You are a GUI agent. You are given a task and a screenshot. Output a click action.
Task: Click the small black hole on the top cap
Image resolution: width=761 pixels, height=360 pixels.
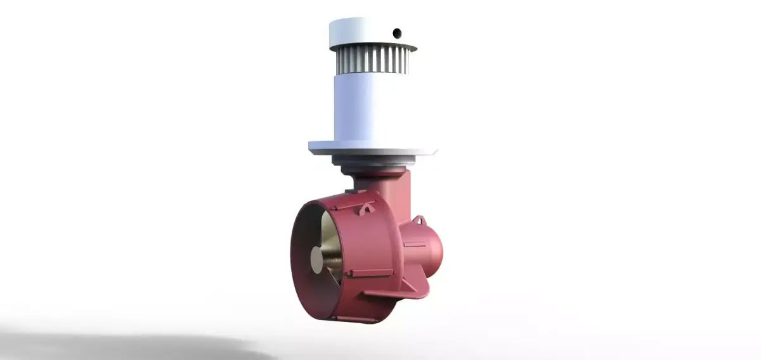[x=397, y=32]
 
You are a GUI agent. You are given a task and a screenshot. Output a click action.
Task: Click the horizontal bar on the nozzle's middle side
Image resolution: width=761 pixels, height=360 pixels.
[x=371, y=273]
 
